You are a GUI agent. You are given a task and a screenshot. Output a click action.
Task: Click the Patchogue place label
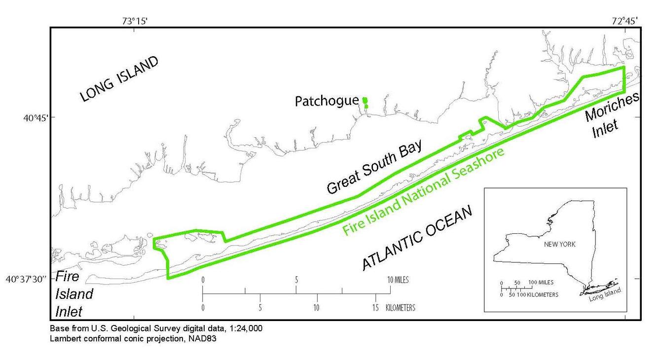pyautogui.click(x=327, y=101)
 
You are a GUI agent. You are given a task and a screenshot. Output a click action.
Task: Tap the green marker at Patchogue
pyautogui.click(x=365, y=101)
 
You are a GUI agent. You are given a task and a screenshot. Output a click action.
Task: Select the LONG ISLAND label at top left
pyautogui.click(x=119, y=79)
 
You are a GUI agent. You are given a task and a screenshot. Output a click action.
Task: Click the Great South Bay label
pyautogui.click(x=374, y=167)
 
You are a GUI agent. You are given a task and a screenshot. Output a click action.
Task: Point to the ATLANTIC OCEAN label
pyautogui.click(x=417, y=238)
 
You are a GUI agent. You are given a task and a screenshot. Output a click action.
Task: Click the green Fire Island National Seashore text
pyautogui.click(x=424, y=191)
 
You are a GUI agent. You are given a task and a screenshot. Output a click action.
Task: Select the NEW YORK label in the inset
pyautogui.click(x=559, y=244)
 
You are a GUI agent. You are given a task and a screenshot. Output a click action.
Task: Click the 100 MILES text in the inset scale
pyautogui.click(x=541, y=283)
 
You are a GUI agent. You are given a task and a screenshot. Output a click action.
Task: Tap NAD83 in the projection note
pyautogui.click(x=202, y=339)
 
